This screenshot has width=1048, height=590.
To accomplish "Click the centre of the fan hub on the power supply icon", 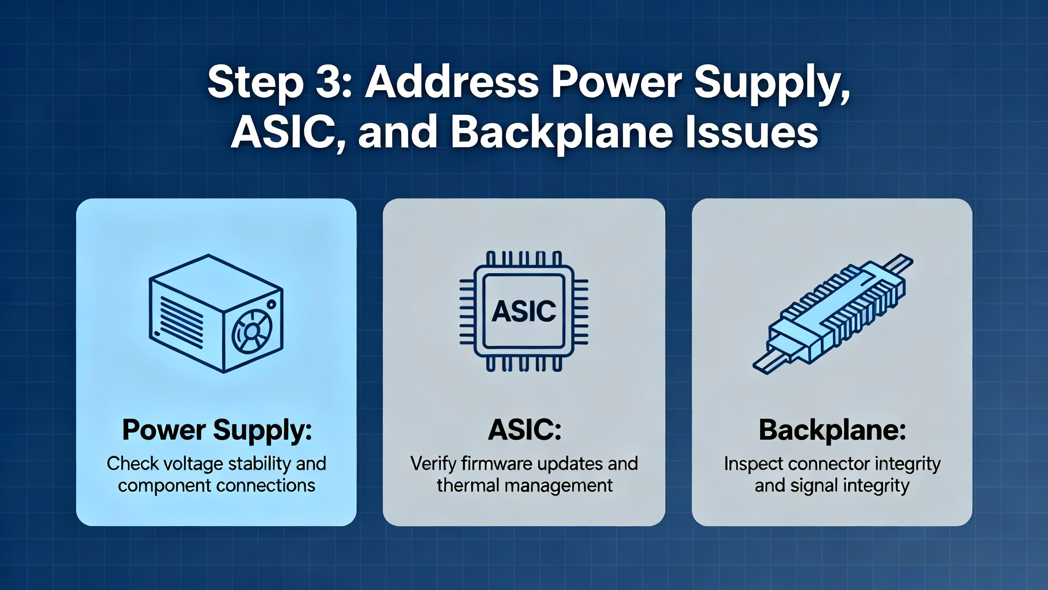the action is coord(252,331).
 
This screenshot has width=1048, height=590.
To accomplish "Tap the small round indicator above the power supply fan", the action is coord(271,304).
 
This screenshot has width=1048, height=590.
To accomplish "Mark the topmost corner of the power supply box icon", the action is coord(208,255).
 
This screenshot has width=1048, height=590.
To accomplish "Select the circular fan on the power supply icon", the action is coord(252,331).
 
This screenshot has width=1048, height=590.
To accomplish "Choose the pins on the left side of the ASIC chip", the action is coord(467,311).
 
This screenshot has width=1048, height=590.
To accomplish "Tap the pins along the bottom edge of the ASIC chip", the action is coord(524,364).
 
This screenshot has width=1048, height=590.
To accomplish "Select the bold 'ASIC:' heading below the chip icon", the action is coord(524,430).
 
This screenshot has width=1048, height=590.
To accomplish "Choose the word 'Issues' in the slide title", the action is coord(752,132).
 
